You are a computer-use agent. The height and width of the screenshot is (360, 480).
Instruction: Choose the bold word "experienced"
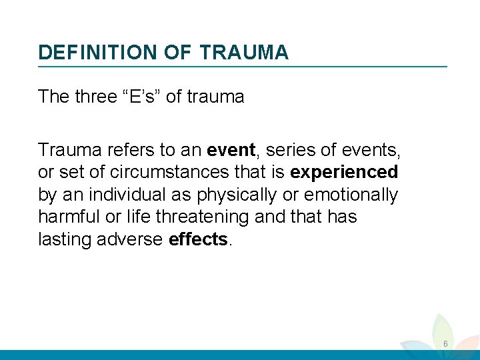[344, 172]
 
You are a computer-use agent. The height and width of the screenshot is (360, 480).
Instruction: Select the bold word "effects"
[199, 240]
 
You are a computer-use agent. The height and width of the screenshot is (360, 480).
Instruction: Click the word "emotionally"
[351, 195]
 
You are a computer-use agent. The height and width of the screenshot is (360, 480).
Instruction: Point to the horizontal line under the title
[243, 66]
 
